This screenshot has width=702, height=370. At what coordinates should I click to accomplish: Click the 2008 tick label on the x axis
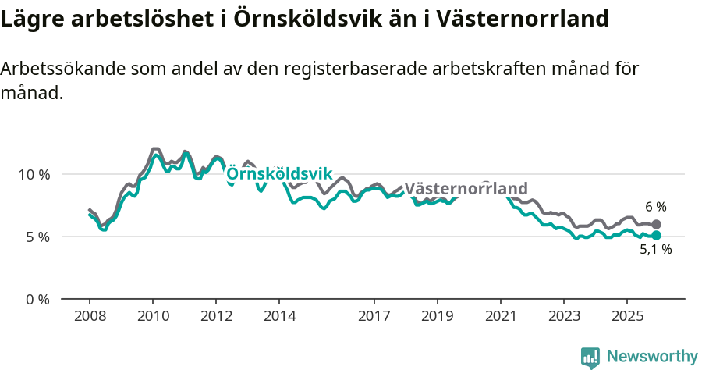[90, 316]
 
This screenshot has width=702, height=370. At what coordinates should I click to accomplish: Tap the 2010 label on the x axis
[153, 316]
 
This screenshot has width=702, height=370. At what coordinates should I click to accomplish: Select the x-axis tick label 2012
[216, 316]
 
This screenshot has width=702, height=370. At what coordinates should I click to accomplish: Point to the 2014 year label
[279, 316]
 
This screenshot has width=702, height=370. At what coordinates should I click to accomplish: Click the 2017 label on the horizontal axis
[374, 316]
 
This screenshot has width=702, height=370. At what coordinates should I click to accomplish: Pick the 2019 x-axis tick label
[437, 316]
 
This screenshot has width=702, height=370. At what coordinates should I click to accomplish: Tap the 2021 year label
[500, 316]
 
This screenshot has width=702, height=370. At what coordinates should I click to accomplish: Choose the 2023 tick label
[563, 316]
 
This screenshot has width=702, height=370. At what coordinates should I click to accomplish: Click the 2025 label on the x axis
[626, 316]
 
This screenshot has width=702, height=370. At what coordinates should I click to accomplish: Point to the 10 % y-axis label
[34, 174]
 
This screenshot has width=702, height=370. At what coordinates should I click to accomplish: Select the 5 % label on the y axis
[37, 237]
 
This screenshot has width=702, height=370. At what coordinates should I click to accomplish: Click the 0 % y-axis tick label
[37, 300]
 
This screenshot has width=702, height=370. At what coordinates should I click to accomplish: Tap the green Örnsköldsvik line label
[279, 173]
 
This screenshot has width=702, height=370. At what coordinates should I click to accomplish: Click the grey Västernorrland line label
[466, 189]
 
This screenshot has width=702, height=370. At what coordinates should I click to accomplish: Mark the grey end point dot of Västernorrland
[656, 224]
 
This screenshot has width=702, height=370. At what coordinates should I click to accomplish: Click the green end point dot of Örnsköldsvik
[656, 235]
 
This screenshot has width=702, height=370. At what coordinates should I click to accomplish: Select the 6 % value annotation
[655, 207]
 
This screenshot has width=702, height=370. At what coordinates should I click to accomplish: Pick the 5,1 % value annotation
[655, 251]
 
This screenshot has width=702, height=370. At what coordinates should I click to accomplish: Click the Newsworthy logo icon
[590, 358]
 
